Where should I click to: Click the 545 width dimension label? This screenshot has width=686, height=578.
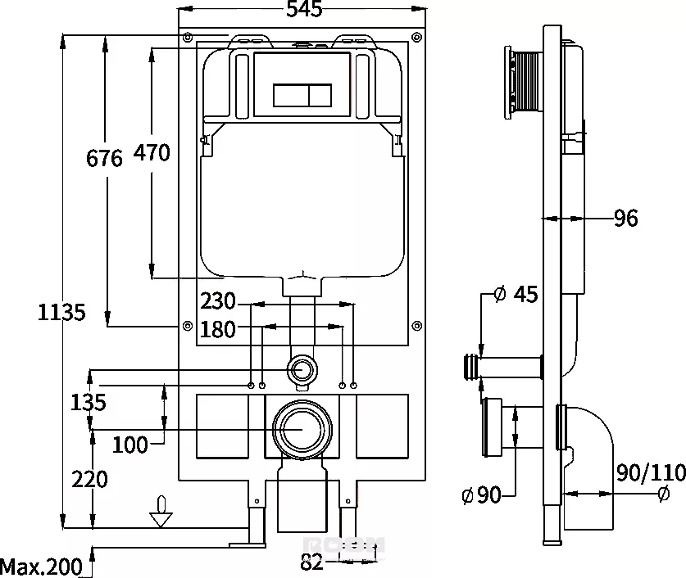(x=305, y=9)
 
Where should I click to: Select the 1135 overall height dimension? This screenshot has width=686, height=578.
(x=61, y=313)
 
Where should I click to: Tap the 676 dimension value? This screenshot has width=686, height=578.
(x=104, y=158)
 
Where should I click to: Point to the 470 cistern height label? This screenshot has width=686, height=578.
(x=152, y=152)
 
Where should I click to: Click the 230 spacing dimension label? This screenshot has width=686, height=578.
(x=218, y=301)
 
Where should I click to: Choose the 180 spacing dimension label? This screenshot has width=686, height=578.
(x=218, y=329)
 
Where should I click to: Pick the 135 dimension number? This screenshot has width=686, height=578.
(x=89, y=402)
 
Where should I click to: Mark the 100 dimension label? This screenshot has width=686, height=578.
(x=130, y=445)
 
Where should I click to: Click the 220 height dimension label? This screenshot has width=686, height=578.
(x=89, y=479)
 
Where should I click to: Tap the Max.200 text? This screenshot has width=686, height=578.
(x=41, y=567)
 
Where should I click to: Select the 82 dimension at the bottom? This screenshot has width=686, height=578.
(x=311, y=562)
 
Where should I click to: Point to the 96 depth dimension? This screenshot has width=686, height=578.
(x=626, y=218)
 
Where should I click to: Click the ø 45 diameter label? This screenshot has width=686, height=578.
(x=516, y=294)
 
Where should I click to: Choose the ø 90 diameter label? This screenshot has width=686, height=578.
(x=481, y=495)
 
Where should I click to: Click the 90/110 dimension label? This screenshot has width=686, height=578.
(x=651, y=472)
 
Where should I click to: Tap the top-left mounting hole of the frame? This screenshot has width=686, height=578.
(x=188, y=37)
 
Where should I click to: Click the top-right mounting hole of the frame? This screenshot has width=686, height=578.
(x=417, y=37)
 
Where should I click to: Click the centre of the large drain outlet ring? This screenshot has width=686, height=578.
(x=302, y=430)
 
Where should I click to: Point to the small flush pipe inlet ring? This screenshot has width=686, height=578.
(x=302, y=369)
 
